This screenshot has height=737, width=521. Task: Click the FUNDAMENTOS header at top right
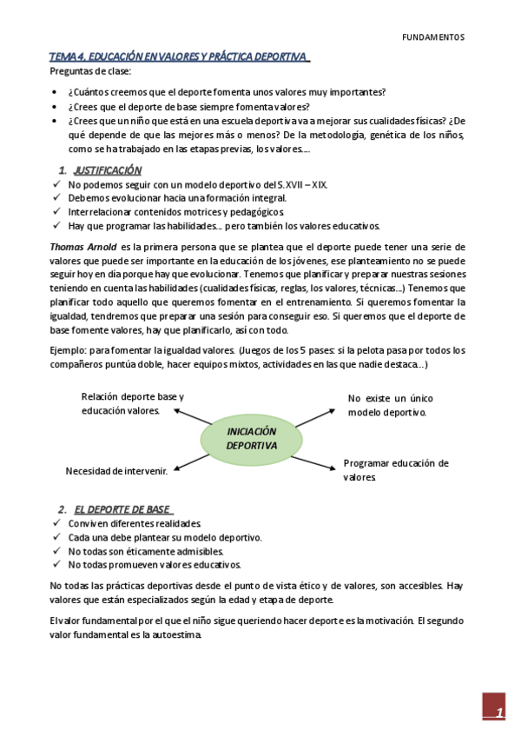(434, 37)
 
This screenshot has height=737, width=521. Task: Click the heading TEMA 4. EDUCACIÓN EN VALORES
(178, 56)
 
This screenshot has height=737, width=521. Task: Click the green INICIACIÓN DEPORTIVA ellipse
(251, 438)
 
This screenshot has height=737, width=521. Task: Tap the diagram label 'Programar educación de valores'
(395, 470)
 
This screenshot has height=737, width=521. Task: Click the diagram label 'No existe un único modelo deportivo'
(390, 405)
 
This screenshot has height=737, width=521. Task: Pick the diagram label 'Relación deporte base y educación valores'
(132, 403)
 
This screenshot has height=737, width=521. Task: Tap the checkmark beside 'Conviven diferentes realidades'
(56, 524)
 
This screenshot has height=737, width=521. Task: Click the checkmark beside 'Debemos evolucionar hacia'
(56, 198)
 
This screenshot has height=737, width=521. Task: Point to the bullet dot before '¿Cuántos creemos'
(56, 92)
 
